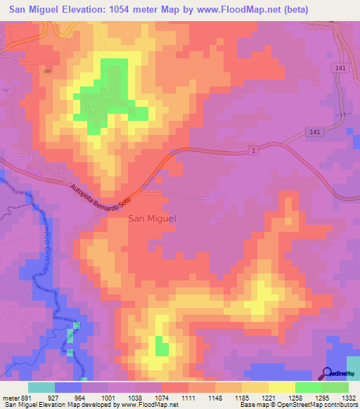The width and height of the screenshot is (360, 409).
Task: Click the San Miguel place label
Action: pos(152,219)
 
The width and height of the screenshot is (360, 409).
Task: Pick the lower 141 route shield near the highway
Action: pos(314,133)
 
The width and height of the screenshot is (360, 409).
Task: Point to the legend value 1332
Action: pos(349,397)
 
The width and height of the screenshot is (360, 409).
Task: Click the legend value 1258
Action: pos(296,397)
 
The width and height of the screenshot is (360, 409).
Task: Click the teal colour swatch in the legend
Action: pos(41,387)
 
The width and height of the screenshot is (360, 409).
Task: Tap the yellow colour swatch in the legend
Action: pos(281,387)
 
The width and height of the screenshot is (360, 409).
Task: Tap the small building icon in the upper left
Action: pos(48,71)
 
